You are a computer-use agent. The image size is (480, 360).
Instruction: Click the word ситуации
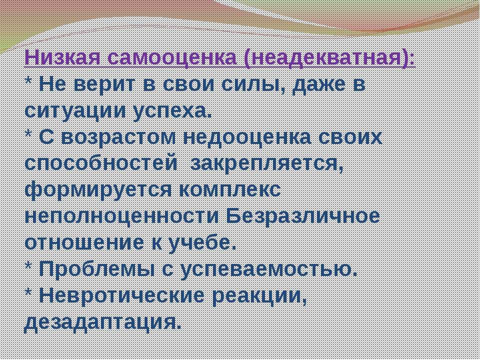(x=75, y=111)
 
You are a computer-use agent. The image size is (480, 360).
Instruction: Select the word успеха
(x=172, y=112)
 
